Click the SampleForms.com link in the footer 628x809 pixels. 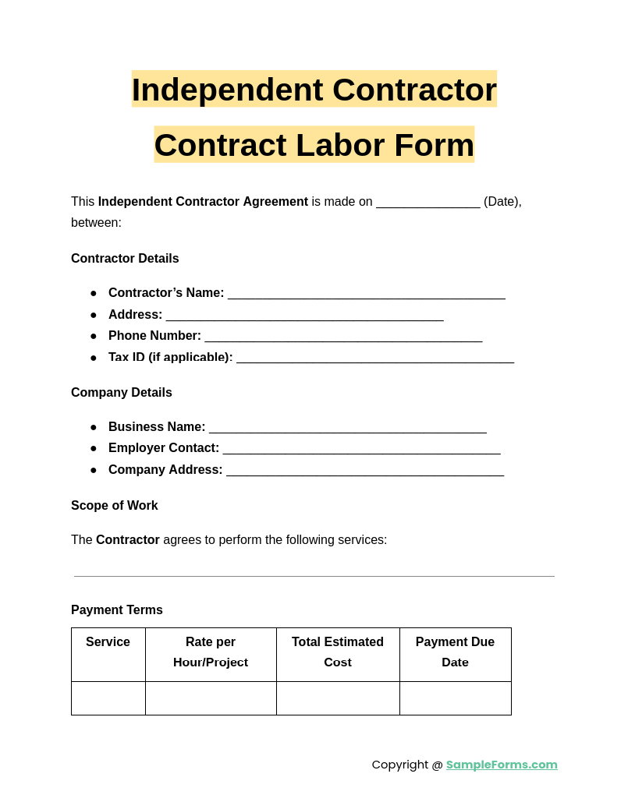tap(502, 765)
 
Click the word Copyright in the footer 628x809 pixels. tap(399, 765)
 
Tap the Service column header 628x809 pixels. tap(108, 642)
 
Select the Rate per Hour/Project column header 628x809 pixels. tap(211, 652)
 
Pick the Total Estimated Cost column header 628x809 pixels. tap(338, 652)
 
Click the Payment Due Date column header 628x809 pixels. tap(455, 652)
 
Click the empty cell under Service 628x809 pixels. tap(108, 698)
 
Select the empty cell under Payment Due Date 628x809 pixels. tap(455, 698)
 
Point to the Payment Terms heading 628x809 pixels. tap(117, 610)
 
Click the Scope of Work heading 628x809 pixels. tap(115, 506)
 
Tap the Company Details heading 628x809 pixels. tap(122, 393)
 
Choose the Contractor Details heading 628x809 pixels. tap(125, 259)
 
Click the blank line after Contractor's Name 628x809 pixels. tap(367, 295)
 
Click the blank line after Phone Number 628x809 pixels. tap(343, 337)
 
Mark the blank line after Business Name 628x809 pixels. tap(348, 429)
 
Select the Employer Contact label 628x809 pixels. tap(164, 448)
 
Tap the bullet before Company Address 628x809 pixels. tap(94, 470)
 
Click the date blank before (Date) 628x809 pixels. tap(428, 203)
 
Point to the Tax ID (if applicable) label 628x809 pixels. tap(170, 357)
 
